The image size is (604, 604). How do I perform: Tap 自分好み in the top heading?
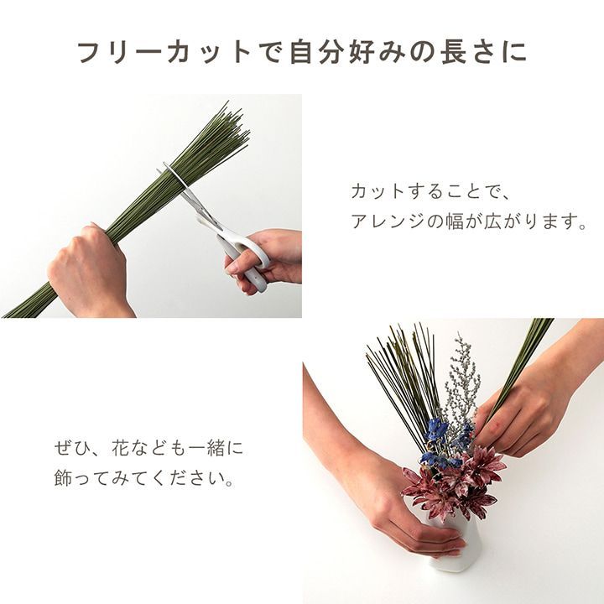click(351, 52)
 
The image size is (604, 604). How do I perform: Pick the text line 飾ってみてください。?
click(143, 482)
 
